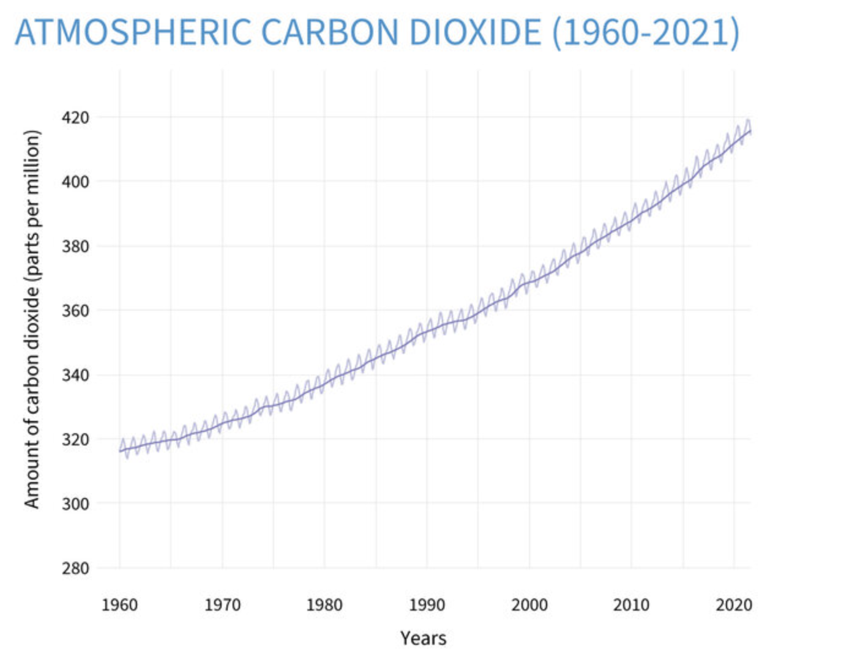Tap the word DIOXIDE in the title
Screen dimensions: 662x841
(475, 32)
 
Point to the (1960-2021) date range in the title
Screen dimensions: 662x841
(646, 32)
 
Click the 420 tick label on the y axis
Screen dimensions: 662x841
(75, 117)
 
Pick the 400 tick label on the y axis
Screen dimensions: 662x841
(75, 182)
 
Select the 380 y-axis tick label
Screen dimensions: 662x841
(75, 247)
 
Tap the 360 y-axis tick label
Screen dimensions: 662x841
(75, 311)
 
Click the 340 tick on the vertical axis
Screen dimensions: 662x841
(75, 375)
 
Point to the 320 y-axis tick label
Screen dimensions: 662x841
(75, 440)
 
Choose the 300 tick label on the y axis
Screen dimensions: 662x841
(75, 504)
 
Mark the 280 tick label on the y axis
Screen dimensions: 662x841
(75, 568)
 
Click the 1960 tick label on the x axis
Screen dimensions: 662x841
(119, 605)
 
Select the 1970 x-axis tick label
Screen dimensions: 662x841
(222, 605)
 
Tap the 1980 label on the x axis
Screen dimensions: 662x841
(324, 605)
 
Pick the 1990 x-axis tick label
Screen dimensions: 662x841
(427, 605)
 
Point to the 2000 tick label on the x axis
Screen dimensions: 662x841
(529, 605)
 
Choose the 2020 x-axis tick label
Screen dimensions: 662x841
(734, 605)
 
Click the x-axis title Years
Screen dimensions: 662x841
(424, 639)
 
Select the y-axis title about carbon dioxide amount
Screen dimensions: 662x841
(32, 319)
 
